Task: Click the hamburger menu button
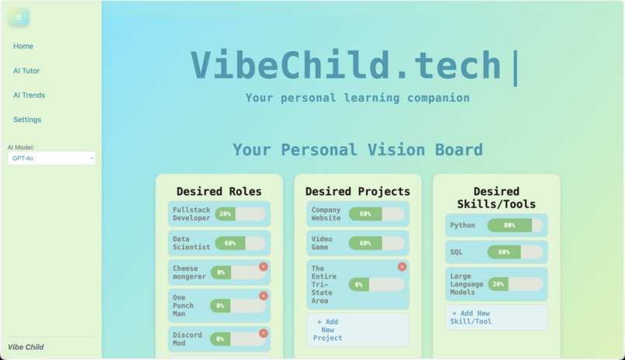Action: (x=19, y=17)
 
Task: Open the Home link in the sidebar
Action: (x=23, y=47)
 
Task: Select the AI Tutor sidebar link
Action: (x=26, y=71)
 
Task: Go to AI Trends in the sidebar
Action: (x=29, y=95)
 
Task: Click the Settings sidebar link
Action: (x=27, y=119)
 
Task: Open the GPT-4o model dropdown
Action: (x=52, y=158)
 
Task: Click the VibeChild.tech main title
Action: (x=347, y=65)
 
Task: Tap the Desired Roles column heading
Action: (x=219, y=192)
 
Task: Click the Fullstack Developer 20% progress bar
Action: (x=240, y=213)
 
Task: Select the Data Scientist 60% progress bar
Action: (x=240, y=243)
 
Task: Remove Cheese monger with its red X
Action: (x=264, y=266)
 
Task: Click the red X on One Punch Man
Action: (x=264, y=296)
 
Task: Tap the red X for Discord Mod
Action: (x=264, y=333)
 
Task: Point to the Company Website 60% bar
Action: (x=376, y=213)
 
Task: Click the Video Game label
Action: (x=322, y=243)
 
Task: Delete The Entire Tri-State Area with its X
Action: (x=402, y=267)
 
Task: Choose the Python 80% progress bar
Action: (x=515, y=226)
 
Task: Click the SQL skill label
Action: (x=457, y=252)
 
